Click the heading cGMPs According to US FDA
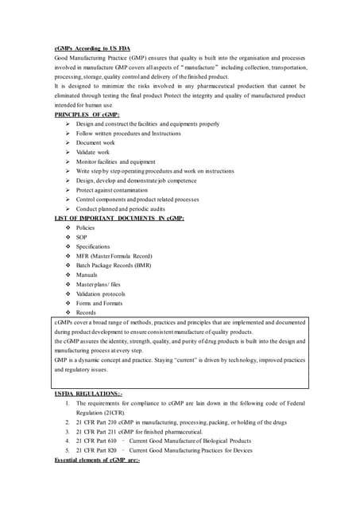(x=87, y=49)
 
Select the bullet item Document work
(x=95, y=143)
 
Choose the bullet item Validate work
(x=93, y=153)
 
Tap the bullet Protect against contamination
(x=112, y=190)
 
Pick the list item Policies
(x=85, y=227)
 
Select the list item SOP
(x=82, y=237)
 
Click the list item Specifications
(x=93, y=247)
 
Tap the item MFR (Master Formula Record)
(x=114, y=256)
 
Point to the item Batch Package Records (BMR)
(x=114, y=266)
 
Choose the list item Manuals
(x=87, y=275)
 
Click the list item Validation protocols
(x=101, y=294)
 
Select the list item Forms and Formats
(x=99, y=303)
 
